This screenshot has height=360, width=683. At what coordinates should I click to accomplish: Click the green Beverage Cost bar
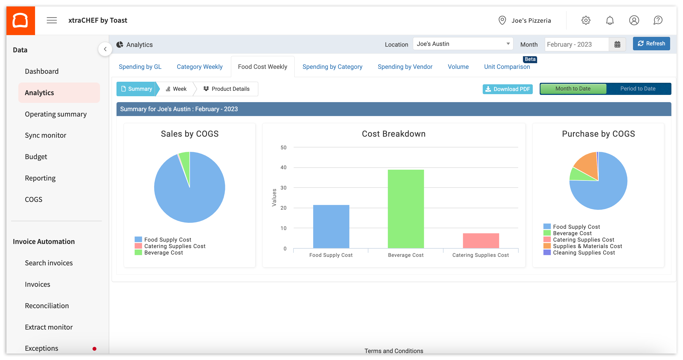point(406,209)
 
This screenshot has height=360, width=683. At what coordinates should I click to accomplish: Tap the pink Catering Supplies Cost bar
point(481,241)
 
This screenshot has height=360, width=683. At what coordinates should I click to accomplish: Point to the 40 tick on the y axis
point(284,167)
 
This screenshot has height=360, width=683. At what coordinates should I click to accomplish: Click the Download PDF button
point(507,89)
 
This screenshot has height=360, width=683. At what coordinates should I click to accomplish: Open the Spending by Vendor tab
point(405,67)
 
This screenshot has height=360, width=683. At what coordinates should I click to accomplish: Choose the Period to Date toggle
point(638,89)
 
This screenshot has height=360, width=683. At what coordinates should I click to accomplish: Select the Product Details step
point(227,89)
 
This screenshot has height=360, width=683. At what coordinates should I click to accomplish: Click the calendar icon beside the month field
point(617,44)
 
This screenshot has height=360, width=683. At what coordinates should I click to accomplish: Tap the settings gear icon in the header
point(586,20)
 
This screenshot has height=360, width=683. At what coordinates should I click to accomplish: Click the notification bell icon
point(610,20)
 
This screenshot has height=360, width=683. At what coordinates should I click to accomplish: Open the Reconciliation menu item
point(47,306)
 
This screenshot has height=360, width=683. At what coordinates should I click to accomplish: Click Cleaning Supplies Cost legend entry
point(584,252)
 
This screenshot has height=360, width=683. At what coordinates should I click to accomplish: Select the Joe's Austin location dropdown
point(463,44)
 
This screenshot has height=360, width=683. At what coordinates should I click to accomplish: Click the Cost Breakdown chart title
point(394,134)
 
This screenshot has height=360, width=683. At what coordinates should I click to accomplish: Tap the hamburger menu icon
point(52,20)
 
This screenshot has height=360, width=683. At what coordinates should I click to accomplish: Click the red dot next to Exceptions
point(94,349)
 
